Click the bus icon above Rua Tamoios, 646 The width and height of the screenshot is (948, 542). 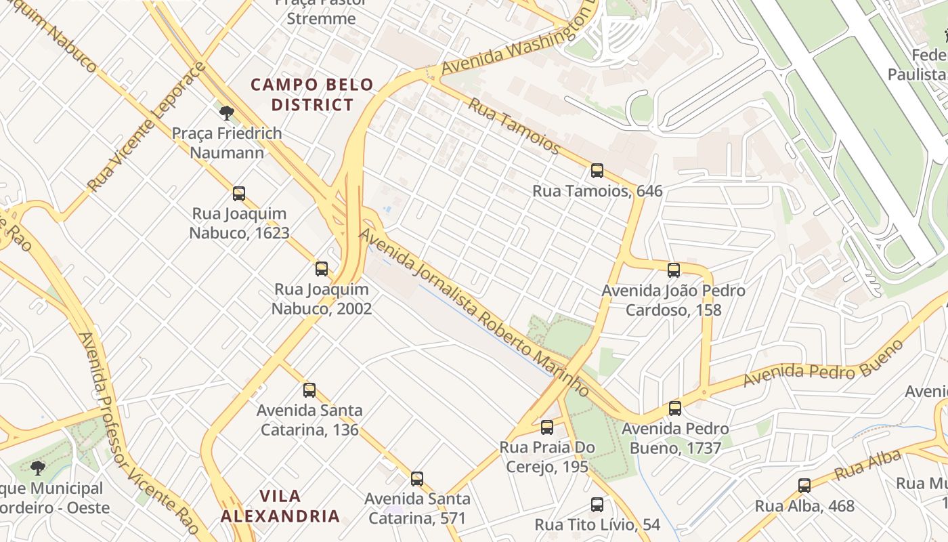coord(597,171)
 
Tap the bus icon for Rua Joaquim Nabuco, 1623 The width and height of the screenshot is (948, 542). coord(238,194)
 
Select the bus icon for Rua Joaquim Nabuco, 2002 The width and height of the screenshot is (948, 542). coord(322,269)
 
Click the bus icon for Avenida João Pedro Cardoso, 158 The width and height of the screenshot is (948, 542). coord(673,270)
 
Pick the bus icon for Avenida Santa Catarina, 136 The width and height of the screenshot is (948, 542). coord(309,390)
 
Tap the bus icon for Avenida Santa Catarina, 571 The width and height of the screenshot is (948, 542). coord(417,479)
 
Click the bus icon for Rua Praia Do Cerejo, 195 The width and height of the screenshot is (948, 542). coord(547,428)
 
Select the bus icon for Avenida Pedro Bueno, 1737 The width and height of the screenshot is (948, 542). coord(674,409)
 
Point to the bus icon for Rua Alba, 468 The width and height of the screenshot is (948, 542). coord(804,486)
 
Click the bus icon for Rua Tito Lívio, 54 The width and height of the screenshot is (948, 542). coord(597,505)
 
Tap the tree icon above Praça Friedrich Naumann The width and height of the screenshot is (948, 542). coord(226,112)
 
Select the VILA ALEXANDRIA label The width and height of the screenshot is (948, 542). coord(280,506)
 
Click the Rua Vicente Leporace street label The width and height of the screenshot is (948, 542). coord(146,127)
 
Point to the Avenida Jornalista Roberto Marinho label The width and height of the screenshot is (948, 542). coord(473,312)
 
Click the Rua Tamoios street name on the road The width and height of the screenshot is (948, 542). coord(514,127)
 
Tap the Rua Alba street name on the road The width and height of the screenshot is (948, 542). coord(868,464)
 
